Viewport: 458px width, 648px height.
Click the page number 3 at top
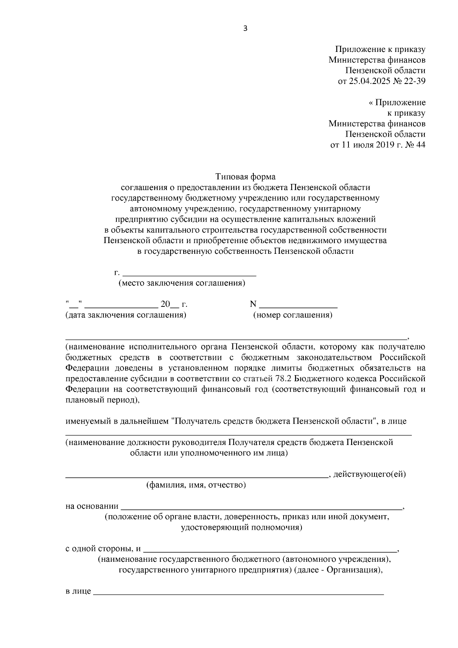(x=245, y=28)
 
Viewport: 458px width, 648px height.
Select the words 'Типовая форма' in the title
(x=245, y=177)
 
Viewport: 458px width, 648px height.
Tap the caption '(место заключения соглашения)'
(x=182, y=283)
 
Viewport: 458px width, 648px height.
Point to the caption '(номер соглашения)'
(x=293, y=315)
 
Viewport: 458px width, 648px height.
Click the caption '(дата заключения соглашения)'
(x=126, y=315)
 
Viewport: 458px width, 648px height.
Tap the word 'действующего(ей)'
(x=369, y=474)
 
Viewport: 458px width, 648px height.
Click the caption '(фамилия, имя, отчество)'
(x=196, y=485)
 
